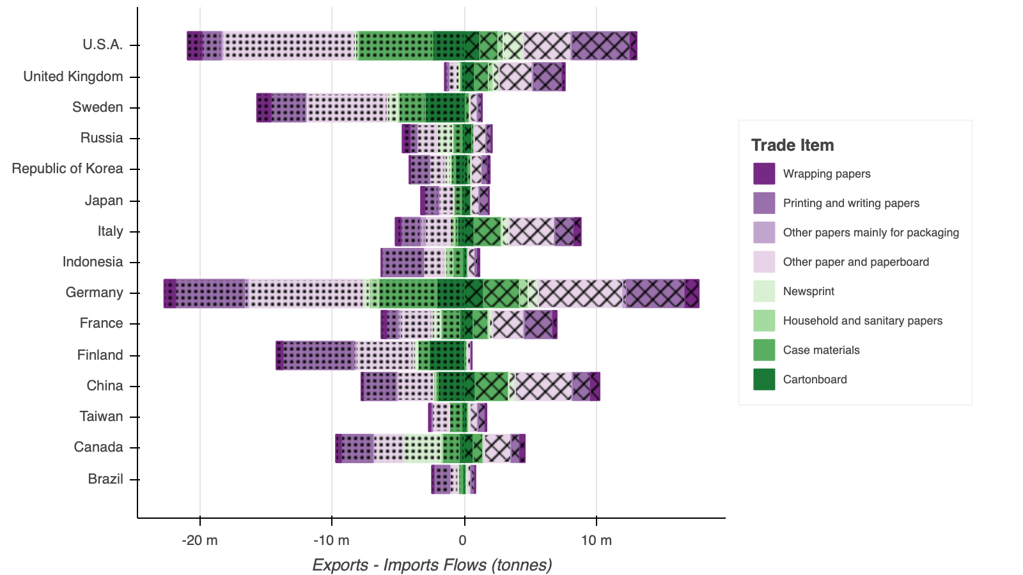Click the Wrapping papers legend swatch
click(764, 174)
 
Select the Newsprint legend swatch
click(764, 291)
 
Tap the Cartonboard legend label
click(815, 379)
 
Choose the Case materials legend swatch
click(764, 350)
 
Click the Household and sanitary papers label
click(863, 321)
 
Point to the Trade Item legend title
click(792, 145)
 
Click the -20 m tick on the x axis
click(200, 540)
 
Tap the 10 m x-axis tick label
click(596, 540)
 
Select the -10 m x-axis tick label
click(332, 540)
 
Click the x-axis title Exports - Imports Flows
click(432, 565)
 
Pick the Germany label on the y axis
click(94, 293)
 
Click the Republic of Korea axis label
click(67, 169)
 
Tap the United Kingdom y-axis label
click(73, 77)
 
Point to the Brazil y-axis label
click(105, 479)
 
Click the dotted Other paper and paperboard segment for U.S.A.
click(289, 46)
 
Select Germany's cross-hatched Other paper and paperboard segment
click(581, 294)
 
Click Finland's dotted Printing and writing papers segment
click(318, 355)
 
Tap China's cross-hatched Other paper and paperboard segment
click(543, 386)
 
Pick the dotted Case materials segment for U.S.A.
click(395, 46)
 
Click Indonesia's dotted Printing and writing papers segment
click(403, 263)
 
